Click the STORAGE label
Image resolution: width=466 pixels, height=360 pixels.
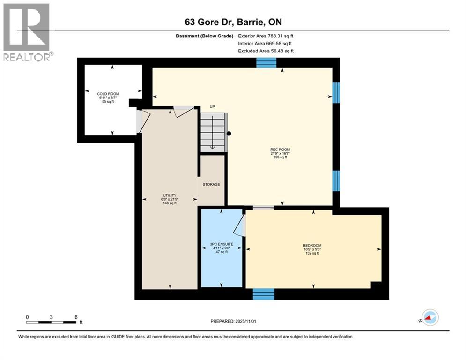click(x=211, y=184)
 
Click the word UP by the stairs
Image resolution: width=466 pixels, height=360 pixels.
click(x=212, y=107)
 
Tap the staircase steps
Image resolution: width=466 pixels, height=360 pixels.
click(x=213, y=132)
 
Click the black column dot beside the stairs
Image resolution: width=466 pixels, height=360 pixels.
click(x=229, y=134)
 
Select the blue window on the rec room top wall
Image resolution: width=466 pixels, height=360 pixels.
click(x=266, y=63)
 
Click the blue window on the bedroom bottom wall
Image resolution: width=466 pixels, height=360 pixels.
click(x=263, y=294)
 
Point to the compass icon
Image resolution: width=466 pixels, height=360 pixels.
click(x=429, y=318)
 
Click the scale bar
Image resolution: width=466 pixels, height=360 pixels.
click(x=52, y=322)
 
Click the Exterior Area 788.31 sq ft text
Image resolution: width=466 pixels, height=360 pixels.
click(x=266, y=36)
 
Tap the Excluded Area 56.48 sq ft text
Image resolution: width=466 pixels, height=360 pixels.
click(x=266, y=51)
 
